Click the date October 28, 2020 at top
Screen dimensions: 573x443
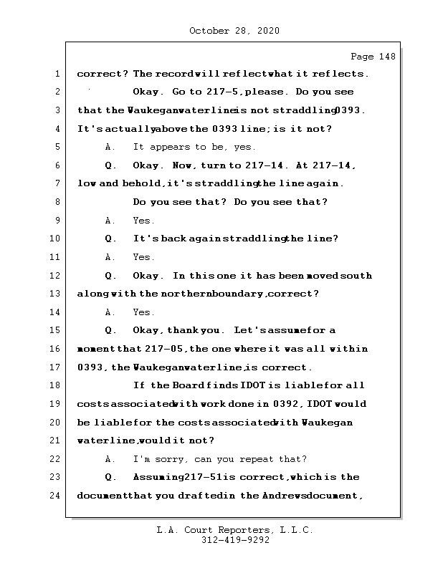click(234, 31)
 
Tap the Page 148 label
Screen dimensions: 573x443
click(373, 57)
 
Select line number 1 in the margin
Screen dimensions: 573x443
click(56, 74)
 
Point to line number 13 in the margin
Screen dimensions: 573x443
click(56, 294)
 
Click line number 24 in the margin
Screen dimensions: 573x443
click(56, 495)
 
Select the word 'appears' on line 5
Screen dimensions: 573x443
click(171, 148)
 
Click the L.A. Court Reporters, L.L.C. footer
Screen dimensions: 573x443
click(234, 531)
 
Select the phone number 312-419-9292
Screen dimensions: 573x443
click(235, 541)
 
